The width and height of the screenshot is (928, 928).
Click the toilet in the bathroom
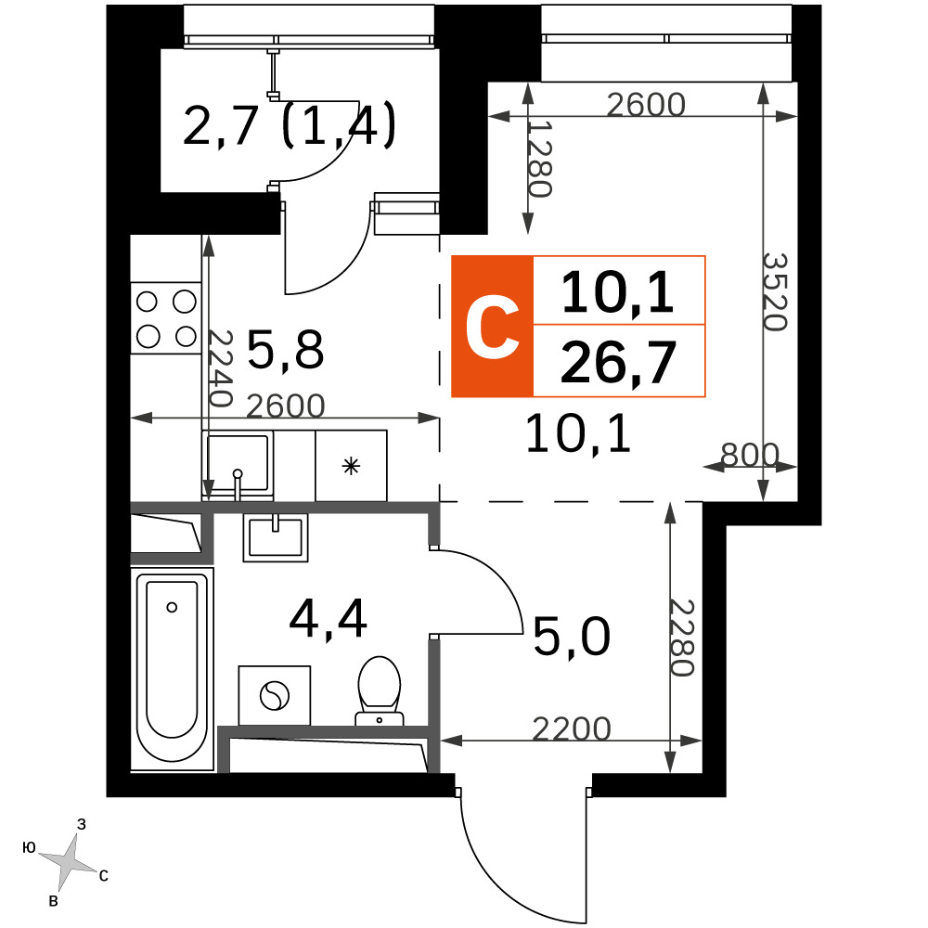379,690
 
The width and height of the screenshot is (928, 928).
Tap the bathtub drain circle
172,607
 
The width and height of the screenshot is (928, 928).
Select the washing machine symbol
275,695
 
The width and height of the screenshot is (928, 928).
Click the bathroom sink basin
276,537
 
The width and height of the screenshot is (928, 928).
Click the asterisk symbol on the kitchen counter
351,467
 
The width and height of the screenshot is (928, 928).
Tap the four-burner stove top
166,318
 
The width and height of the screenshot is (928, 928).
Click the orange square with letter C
493,326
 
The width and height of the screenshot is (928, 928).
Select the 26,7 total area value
618,362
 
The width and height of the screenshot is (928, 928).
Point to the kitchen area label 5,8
285,349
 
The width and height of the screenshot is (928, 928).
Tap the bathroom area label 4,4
328,618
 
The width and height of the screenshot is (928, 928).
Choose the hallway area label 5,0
572,637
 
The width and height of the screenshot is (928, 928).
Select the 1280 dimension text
540,159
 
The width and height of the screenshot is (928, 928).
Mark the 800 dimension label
750,455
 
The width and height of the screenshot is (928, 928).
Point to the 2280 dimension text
682,638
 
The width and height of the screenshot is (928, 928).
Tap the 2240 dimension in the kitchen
220,367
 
